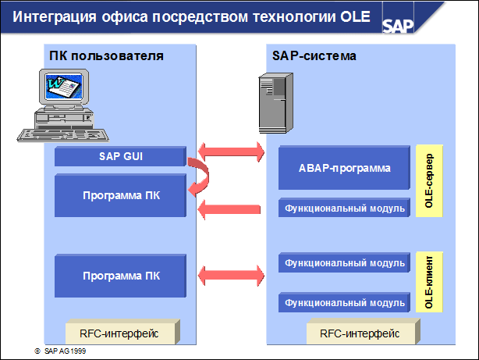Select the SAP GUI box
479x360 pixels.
click(119, 156)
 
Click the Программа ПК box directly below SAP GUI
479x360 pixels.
click(119, 195)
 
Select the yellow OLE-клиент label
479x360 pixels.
click(428, 281)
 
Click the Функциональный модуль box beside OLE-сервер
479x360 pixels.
click(343, 208)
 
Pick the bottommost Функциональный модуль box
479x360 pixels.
click(343, 302)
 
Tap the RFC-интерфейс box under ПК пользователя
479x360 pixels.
click(122, 333)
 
